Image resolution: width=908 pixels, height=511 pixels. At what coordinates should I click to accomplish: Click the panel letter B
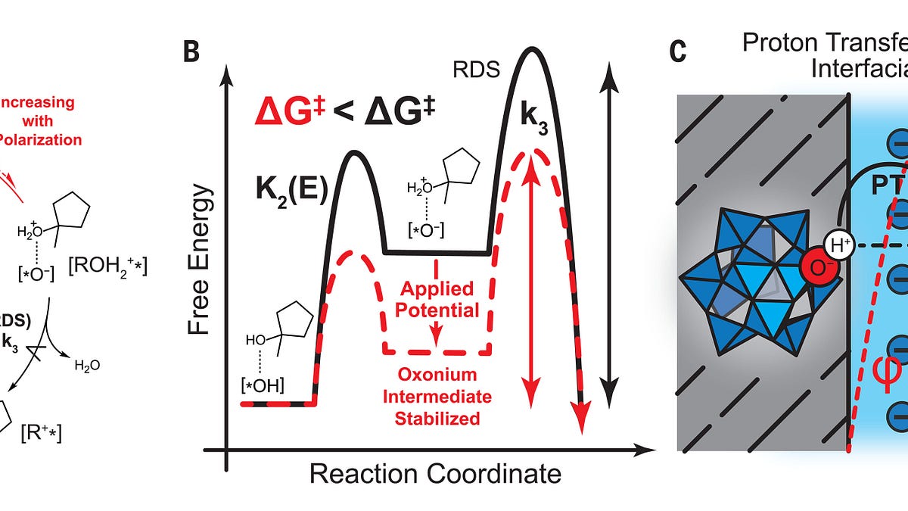click(192, 54)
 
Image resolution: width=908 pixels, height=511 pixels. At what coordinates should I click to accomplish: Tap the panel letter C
click(678, 54)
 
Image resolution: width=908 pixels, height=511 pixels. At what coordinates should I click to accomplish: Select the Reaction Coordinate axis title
click(435, 474)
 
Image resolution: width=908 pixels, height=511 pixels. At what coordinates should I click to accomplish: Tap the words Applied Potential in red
click(437, 300)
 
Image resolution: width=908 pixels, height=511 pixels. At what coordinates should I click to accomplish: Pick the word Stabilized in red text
click(437, 417)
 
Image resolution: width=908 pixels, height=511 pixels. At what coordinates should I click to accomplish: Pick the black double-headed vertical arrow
click(608, 227)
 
